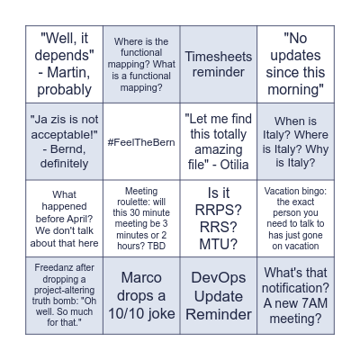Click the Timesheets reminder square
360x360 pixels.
point(219,64)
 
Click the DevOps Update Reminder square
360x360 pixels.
point(219,294)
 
